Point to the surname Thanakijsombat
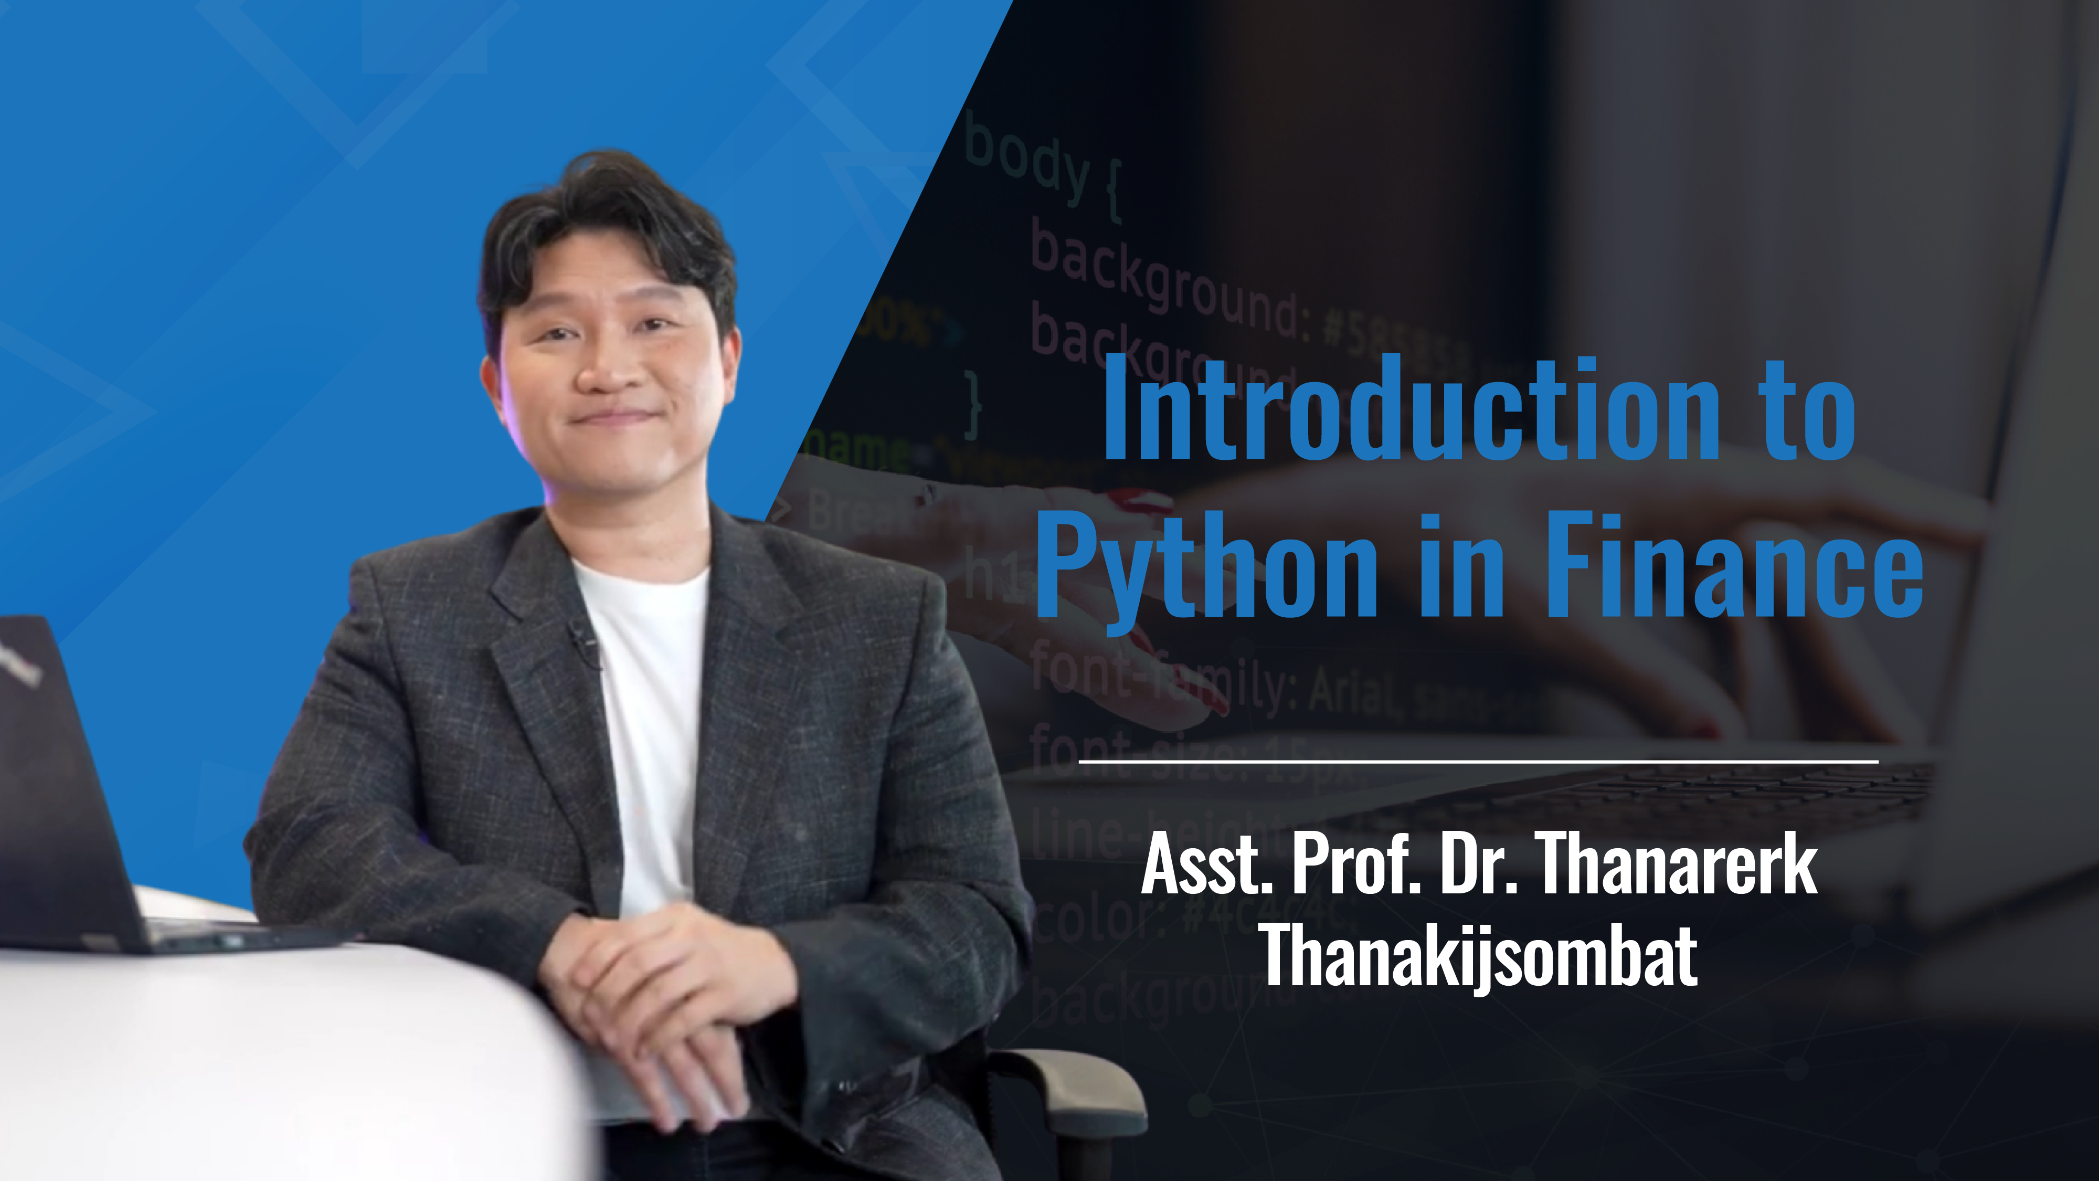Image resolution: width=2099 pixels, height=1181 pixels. click(x=1478, y=955)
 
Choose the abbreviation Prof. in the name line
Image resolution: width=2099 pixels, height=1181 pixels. click(x=1356, y=866)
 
